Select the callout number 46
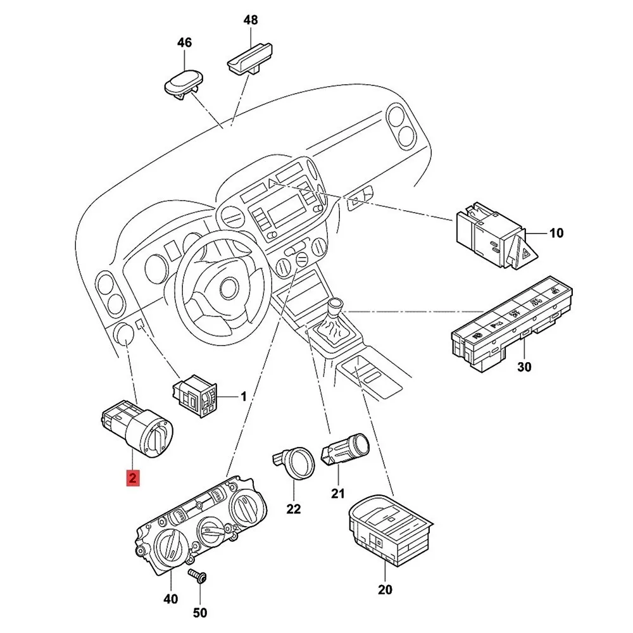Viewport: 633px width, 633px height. [184, 43]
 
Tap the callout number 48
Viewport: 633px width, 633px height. [251, 20]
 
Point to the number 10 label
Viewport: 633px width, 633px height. [555, 234]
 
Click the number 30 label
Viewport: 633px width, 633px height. [524, 367]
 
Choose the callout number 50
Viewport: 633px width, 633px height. [199, 612]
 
